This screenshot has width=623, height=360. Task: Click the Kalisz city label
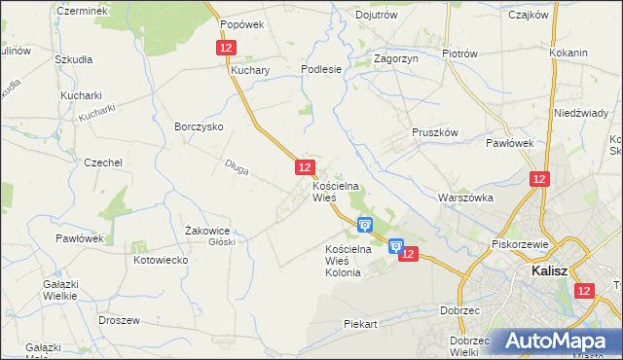pos(550,273)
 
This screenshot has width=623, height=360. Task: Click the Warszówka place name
pos(466,198)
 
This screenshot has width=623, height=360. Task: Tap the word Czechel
pos(102,162)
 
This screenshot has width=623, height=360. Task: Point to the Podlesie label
pos(321,70)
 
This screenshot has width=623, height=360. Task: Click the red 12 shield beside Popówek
pos(226,47)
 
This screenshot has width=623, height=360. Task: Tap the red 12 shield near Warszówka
pos(540,179)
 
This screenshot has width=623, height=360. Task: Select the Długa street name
pos(236,169)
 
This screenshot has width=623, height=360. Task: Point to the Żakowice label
pos(206,231)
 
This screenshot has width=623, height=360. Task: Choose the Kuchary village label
pos(250,71)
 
